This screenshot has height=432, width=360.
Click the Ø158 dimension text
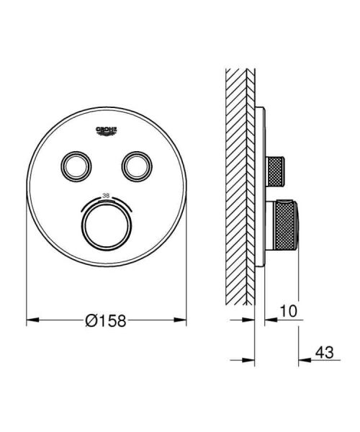coord(105,322)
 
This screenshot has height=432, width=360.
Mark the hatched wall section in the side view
coord(238,180)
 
